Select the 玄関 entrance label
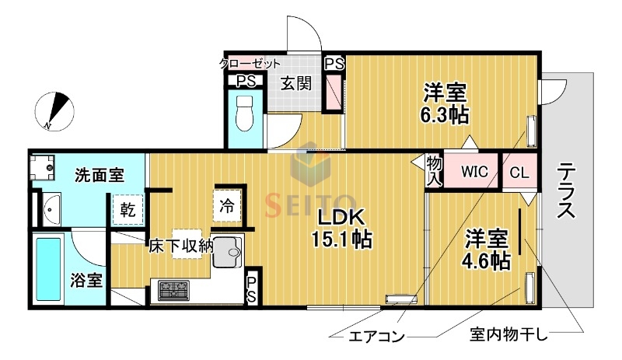point(295,81)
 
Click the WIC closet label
point(474,172)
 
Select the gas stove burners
point(173,291)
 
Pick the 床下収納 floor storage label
point(181,246)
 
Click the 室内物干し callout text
point(509,335)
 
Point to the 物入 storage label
point(434,170)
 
